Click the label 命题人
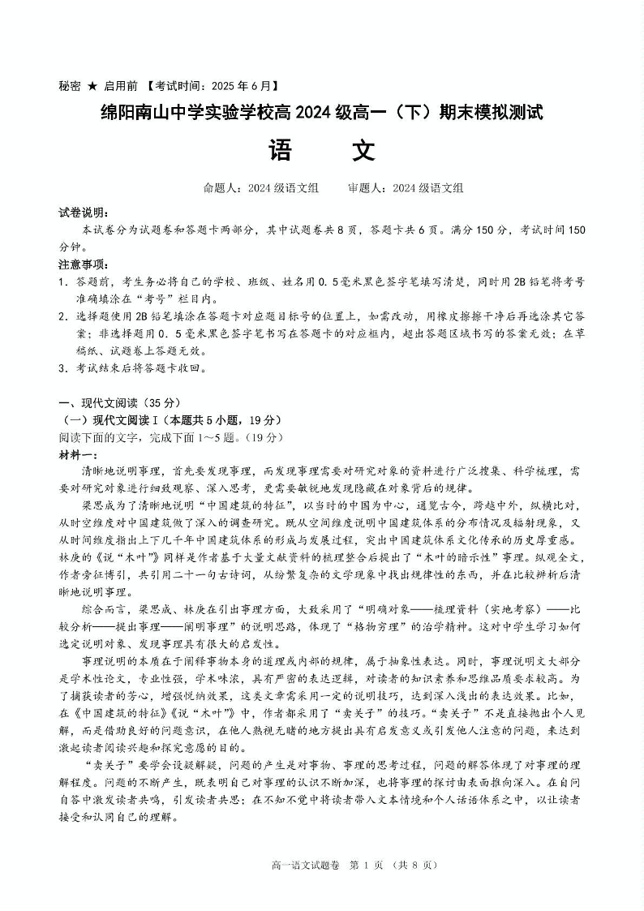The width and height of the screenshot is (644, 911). pos(221,188)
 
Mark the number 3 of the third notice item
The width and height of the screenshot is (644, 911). pos(62,367)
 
